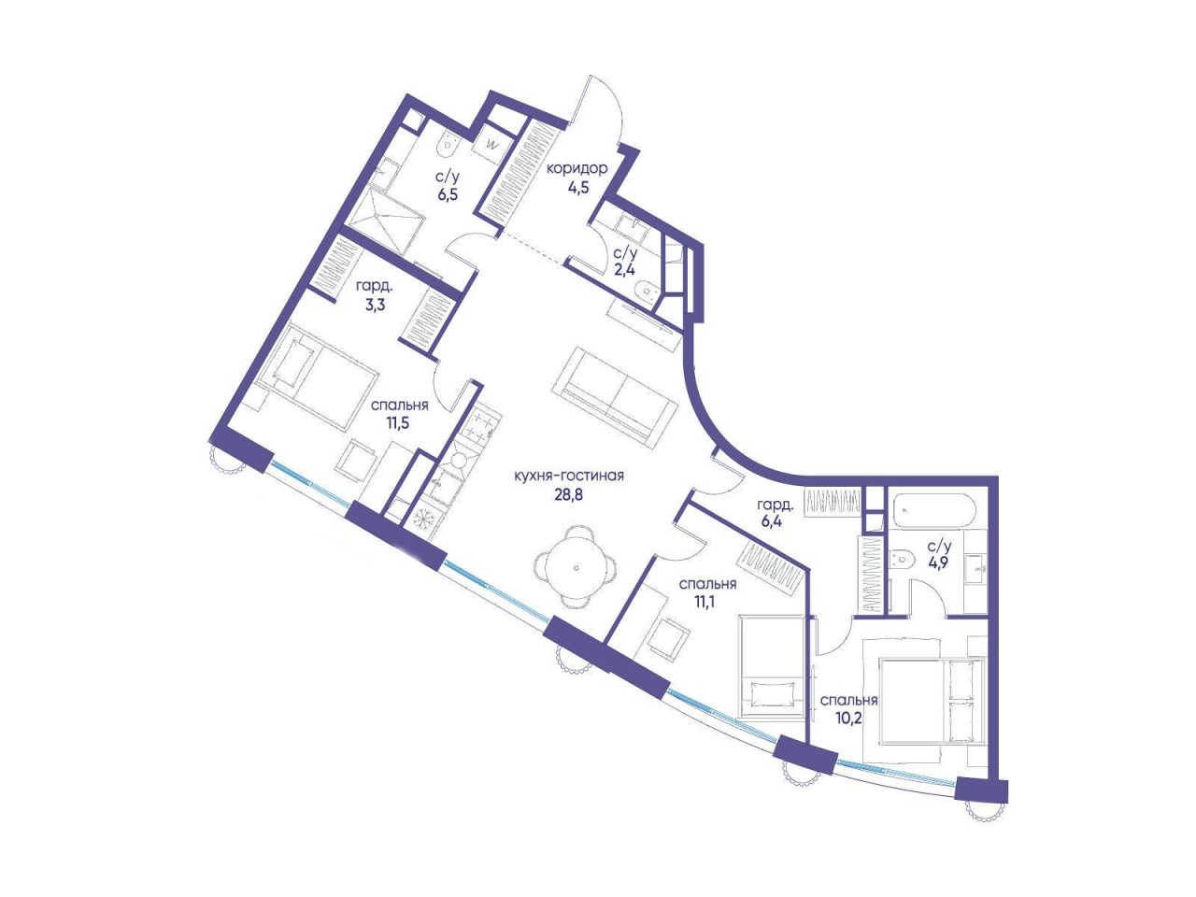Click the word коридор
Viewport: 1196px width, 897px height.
point(577,169)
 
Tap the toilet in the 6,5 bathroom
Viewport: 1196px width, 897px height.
point(449,144)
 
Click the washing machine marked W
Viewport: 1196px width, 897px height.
point(492,144)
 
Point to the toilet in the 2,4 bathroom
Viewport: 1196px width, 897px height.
point(648,291)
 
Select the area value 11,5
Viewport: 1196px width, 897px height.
point(398,423)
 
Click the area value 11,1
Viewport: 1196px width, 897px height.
point(707,601)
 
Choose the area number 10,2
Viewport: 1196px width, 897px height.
point(849,718)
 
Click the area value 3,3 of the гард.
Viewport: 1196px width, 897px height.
point(375,305)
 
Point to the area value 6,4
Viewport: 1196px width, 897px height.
point(772,523)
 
